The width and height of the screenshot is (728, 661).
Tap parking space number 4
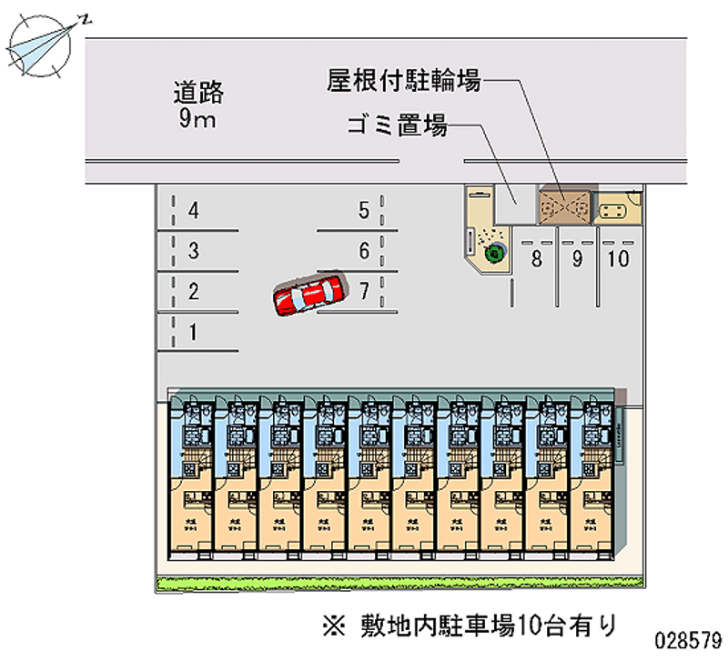pyautogui.click(x=192, y=212)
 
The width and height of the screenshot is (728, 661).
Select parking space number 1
pyautogui.click(x=192, y=333)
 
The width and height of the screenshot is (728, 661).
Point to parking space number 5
pyautogui.click(x=363, y=212)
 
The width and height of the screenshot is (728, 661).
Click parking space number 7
pyautogui.click(x=363, y=292)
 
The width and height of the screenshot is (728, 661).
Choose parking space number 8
pyautogui.click(x=537, y=259)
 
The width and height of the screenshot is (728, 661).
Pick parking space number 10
pyautogui.click(x=618, y=259)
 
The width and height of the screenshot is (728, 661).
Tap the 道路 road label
pyautogui.click(x=198, y=92)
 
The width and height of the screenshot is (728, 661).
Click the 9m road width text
pyautogui.click(x=197, y=118)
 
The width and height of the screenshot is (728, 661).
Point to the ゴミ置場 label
pyautogui.click(x=397, y=125)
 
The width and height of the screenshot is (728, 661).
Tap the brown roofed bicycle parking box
pyautogui.click(x=564, y=205)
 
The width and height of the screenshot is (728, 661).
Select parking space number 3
pyautogui.click(x=192, y=251)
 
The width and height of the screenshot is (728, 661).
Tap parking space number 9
pyautogui.click(x=577, y=259)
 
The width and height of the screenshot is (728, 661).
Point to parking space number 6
pyautogui.click(x=363, y=251)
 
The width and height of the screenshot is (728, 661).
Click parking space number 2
pyautogui.click(x=192, y=292)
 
